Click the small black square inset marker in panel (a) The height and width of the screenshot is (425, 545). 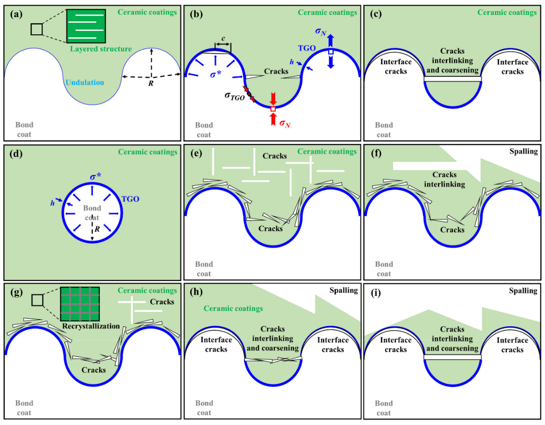[37, 29]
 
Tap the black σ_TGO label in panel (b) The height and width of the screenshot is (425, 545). [234, 96]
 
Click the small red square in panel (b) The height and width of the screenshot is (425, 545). [273, 109]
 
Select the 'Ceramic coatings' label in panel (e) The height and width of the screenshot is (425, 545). [327, 151]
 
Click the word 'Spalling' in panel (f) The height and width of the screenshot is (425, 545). [523, 151]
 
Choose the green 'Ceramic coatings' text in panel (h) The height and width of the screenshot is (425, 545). [233, 308]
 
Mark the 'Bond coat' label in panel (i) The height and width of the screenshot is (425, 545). [384, 408]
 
